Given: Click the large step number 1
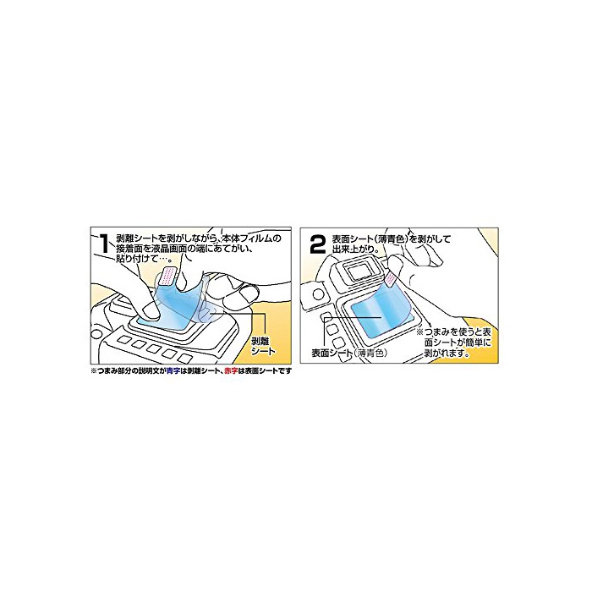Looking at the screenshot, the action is point(104,244).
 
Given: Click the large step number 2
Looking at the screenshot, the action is point(317,244).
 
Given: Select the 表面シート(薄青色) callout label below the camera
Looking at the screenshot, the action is point(349,353).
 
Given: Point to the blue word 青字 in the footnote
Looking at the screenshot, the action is point(173,370).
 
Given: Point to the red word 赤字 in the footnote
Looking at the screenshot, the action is point(231,370).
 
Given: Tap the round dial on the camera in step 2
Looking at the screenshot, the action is point(317,295).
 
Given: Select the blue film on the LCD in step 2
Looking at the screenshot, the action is point(376,309).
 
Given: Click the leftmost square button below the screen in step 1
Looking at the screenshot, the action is point(124,340).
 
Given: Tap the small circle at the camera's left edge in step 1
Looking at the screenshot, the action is point(96,334).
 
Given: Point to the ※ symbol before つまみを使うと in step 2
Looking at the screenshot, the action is point(419,332).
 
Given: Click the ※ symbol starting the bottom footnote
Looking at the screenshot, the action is point(94,370).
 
